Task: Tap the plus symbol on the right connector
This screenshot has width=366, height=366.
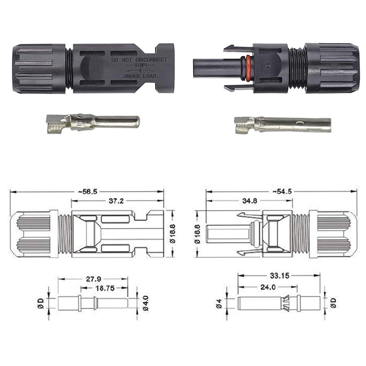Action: [x=268, y=66]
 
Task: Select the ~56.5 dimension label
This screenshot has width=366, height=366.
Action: [x=87, y=192]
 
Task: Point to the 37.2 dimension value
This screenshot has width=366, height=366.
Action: [x=116, y=201]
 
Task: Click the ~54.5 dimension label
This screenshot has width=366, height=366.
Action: [x=282, y=191]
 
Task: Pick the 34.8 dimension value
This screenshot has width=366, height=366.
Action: [x=250, y=201]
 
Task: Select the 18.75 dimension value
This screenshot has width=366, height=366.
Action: [x=105, y=288]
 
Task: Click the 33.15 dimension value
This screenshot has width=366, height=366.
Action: [x=280, y=276]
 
